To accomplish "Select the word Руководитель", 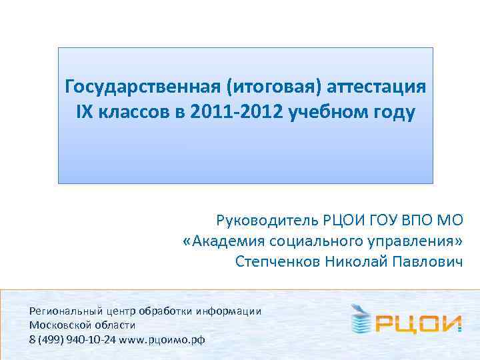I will (x=267, y=221).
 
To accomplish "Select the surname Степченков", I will (x=277, y=261).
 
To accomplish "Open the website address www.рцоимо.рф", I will (x=161, y=339).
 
